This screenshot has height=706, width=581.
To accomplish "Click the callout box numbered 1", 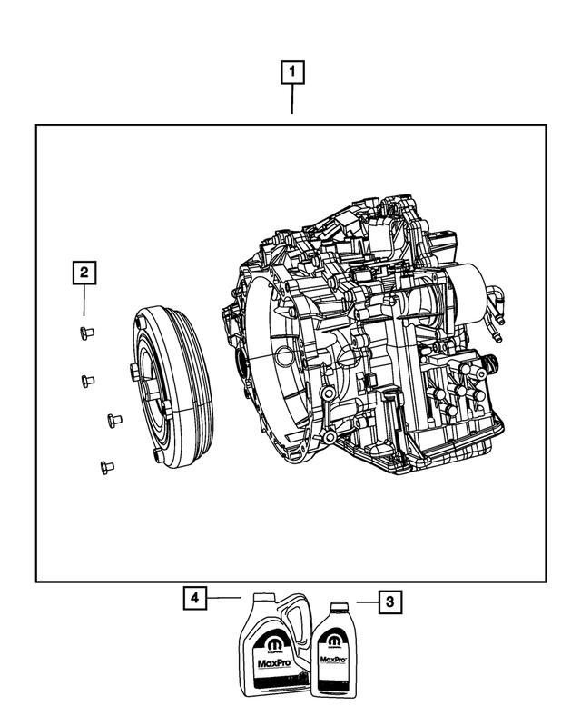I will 291,71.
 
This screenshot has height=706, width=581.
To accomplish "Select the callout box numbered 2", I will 83,271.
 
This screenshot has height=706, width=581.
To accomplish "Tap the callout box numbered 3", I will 389,601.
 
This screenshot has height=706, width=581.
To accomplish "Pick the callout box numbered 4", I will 193,598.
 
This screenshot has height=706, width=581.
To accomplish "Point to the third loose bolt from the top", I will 113,420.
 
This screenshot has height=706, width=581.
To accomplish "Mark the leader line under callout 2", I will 83,303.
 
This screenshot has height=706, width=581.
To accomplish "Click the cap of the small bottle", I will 339,605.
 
